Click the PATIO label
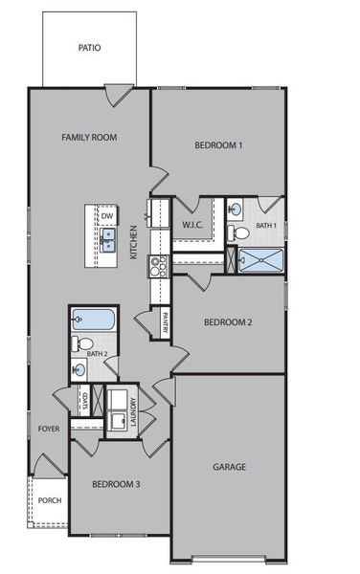(89, 47)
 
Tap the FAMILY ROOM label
(89, 138)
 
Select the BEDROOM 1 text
(218, 145)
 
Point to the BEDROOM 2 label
(228, 322)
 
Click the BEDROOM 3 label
(116, 484)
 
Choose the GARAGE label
(230, 467)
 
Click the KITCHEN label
(135, 243)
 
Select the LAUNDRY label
(133, 411)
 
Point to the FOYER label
(49, 429)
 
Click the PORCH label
(49, 500)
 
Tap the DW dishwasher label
(107, 216)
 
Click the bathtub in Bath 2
(93, 320)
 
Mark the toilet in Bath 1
(240, 232)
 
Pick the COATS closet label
(86, 400)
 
